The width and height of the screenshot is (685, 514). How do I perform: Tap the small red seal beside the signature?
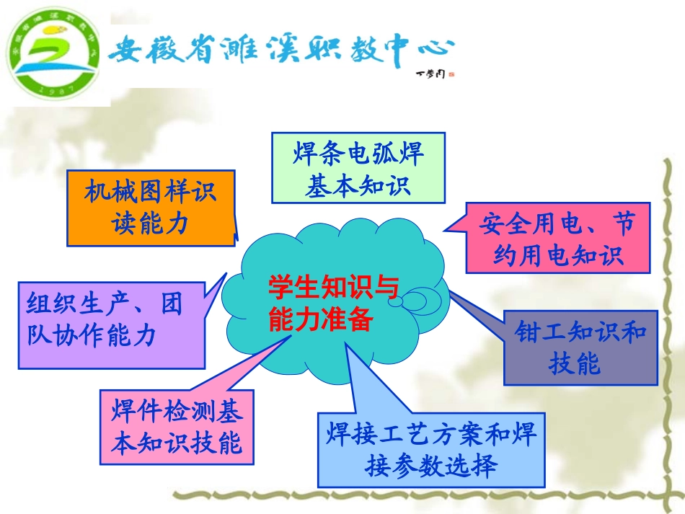tap(451, 73)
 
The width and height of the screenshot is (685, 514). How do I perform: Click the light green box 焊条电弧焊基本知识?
tap(358, 169)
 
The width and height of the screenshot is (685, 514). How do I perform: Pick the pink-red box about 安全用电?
tap(557, 238)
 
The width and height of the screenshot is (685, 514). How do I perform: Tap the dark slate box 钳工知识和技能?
tap(580, 347)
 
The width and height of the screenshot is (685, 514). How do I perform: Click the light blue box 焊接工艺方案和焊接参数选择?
tap(430, 450)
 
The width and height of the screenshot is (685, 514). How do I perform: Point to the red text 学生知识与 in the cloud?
tap(332, 288)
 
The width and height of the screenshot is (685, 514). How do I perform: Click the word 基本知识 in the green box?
tap(358, 186)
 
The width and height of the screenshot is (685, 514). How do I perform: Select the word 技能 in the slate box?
tap(574, 365)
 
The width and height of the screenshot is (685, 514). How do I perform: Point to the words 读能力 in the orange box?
tap(151, 223)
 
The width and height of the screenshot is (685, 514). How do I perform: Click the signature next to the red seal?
tap(430, 73)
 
